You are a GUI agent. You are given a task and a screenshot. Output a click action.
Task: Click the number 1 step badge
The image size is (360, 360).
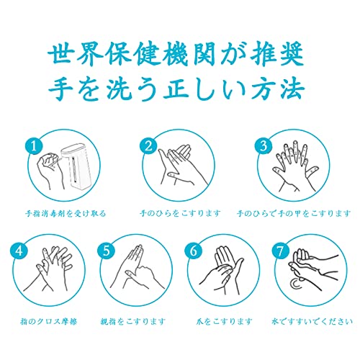pyautogui.click(x=34, y=146)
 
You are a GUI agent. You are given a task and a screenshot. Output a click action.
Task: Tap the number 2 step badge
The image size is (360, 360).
pyautogui.click(x=149, y=146)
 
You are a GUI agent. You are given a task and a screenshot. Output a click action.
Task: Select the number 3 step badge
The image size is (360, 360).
pyautogui.click(x=264, y=146)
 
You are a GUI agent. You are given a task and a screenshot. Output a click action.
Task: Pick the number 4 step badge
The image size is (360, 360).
pyautogui.click(x=19, y=251)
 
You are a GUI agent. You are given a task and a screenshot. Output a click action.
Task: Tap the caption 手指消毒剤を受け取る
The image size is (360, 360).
pyautogui.click(x=66, y=213)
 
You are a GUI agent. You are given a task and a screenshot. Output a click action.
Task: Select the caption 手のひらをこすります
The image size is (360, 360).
pyautogui.click(x=180, y=213)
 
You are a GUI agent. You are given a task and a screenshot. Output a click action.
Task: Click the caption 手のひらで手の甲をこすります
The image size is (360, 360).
pyautogui.click(x=294, y=213)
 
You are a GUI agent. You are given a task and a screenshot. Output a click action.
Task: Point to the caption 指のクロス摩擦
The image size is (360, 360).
pyautogui.click(x=49, y=321)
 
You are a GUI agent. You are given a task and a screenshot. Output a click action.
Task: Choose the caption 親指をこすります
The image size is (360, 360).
pyautogui.click(x=133, y=321)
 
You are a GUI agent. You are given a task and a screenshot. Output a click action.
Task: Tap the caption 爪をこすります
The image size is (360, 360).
pyautogui.click(x=224, y=321)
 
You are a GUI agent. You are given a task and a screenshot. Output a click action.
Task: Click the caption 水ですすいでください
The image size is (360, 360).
pyautogui.click(x=312, y=321)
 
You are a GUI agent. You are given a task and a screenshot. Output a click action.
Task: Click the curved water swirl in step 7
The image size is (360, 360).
pyautogui.click(x=291, y=284)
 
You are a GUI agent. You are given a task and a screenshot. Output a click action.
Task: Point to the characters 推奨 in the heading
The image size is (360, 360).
pyautogui.click(x=277, y=54)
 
